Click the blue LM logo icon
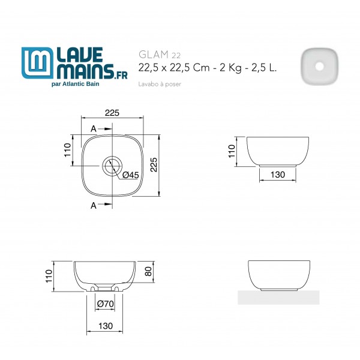click(x=37, y=64)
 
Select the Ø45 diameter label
click(x=130, y=175)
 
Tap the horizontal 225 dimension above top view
click(x=112, y=113)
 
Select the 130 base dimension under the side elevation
click(x=277, y=175)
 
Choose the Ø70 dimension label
click(x=106, y=304)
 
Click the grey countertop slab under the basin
click(x=278, y=297)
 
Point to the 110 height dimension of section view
click(x=49, y=276)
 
